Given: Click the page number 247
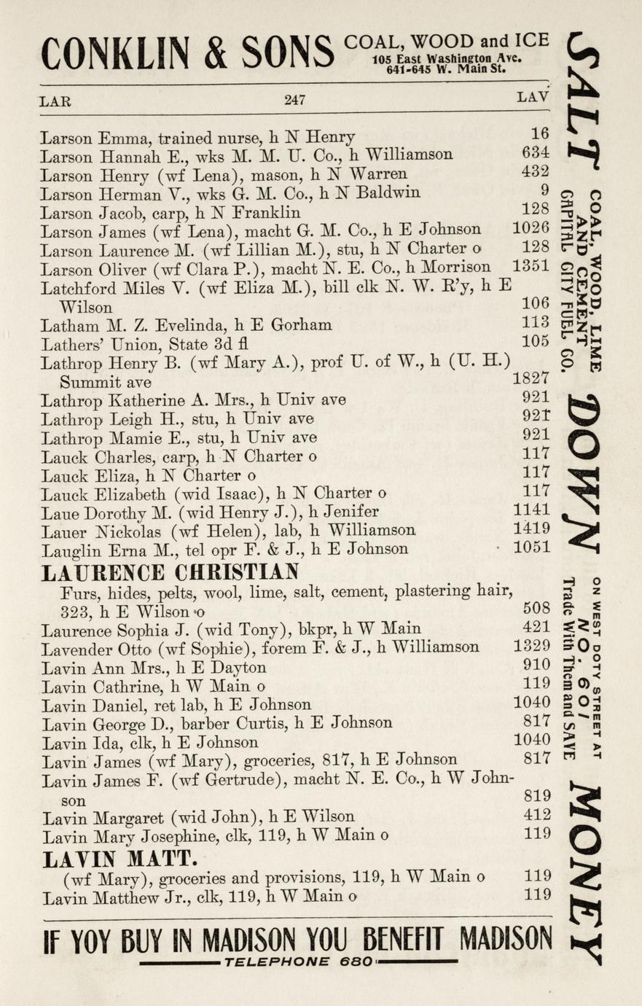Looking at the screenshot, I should pyautogui.click(x=294, y=100).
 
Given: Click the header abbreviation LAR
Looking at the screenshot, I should pyautogui.click(x=55, y=101).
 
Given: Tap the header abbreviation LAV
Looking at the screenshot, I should pyautogui.click(x=533, y=97).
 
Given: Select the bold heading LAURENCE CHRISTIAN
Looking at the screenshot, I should pyautogui.click(x=170, y=572).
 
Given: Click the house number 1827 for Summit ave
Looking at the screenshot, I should pyautogui.click(x=531, y=379).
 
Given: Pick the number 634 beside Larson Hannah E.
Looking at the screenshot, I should pyautogui.click(x=536, y=154).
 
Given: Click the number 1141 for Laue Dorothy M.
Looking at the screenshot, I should pyautogui.click(x=532, y=510).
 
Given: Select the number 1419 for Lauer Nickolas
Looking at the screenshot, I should pyautogui.click(x=532, y=529).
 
